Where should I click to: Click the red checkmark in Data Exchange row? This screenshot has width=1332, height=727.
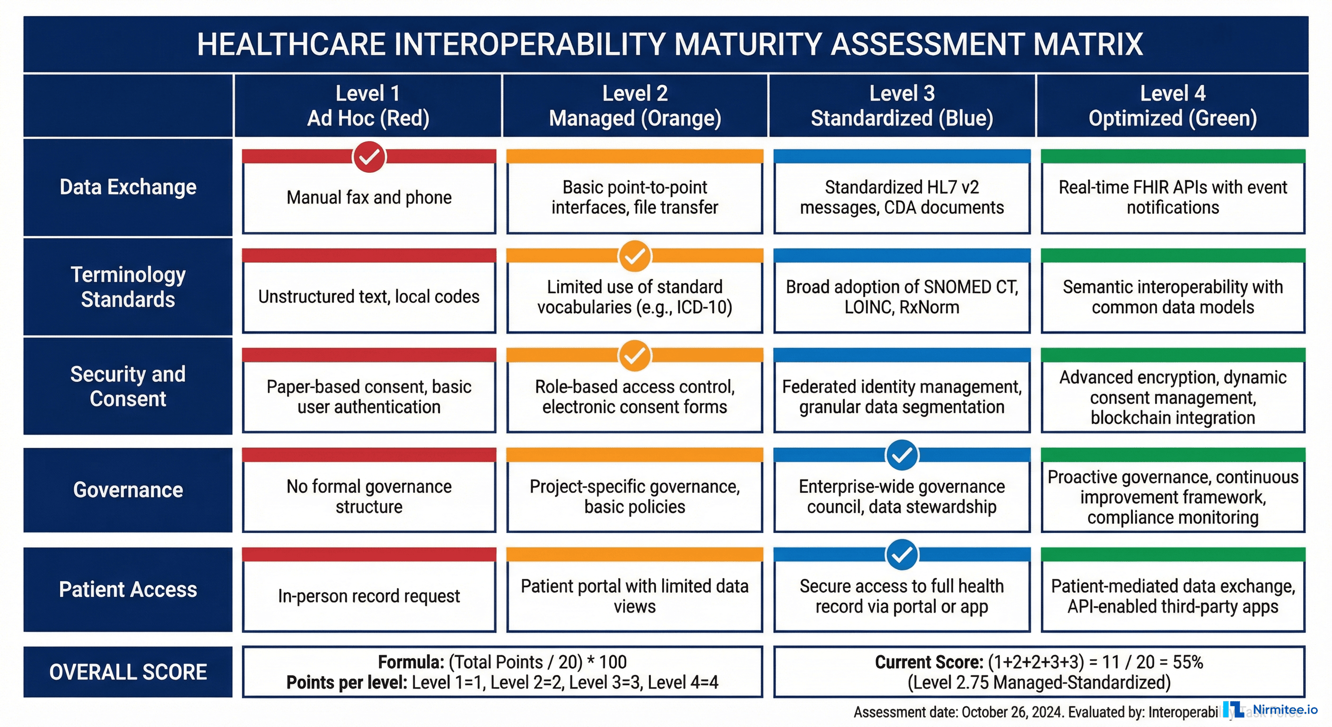pos(369,157)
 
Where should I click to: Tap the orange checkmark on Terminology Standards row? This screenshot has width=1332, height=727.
pos(634,256)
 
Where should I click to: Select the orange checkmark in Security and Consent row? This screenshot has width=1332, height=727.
pos(634,355)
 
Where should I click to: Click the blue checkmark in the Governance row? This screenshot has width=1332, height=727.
pos(902,455)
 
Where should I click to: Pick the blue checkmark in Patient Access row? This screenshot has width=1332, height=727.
pos(902,555)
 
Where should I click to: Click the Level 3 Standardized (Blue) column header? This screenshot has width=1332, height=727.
pos(902,106)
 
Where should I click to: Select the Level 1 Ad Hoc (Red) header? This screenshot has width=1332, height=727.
pos(368,106)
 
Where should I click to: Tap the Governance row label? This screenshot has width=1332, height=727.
pos(128,489)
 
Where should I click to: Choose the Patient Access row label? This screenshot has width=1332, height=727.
pos(128,589)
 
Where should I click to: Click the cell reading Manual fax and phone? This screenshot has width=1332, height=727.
pos(369,197)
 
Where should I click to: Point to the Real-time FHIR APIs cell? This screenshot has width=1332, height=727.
pos(1173,197)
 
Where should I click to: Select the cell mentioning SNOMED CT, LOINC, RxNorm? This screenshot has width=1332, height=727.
pos(902,296)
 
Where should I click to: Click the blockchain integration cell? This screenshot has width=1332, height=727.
pos(1173,397)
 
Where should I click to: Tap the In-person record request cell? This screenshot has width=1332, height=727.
pos(369,595)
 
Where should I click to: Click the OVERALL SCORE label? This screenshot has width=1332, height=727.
pos(128,672)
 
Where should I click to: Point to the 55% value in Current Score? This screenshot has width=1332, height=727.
pos(1188,662)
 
